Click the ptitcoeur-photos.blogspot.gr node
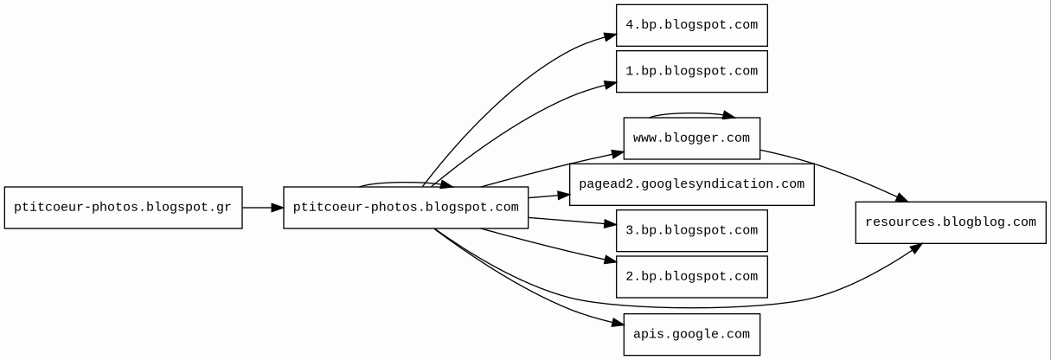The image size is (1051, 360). click(x=123, y=208)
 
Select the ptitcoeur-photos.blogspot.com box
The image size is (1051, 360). click(x=406, y=208)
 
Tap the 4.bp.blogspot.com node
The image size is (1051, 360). click(x=691, y=25)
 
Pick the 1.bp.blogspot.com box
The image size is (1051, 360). click(x=691, y=71)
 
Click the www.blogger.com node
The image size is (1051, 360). click(x=691, y=138)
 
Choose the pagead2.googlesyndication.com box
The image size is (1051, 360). click(x=691, y=184)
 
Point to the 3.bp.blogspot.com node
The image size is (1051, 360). click(x=691, y=230)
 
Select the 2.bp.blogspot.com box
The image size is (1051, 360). click(x=691, y=276)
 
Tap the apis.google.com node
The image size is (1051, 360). click(x=691, y=334)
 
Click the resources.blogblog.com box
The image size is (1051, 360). click(x=950, y=222)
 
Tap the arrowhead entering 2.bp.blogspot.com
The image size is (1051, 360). click(x=610, y=260)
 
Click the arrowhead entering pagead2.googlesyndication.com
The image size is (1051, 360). click(x=563, y=196)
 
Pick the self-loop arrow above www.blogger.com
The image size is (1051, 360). click(x=692, y=112)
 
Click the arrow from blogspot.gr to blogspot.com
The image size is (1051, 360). click(x=263, y=208)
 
